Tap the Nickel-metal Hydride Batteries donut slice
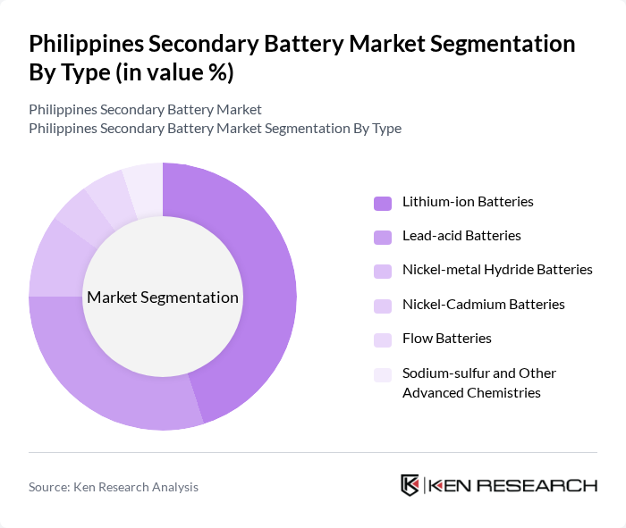tap(50, 259)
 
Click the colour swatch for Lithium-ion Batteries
tap(383, 202)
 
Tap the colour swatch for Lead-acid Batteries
tap(383, 236)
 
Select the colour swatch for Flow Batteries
tap(383, 339)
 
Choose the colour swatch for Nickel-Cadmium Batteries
tap(383, 305)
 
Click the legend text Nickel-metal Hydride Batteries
tap(497, 270)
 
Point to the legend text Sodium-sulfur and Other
tap(479, 373)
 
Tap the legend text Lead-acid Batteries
tap(461, 236)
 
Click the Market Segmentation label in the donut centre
tap(163, 298)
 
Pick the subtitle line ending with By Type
tap(215, 129)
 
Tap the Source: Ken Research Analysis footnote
tap(114, 487)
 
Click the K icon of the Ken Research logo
tap(410, 485)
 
